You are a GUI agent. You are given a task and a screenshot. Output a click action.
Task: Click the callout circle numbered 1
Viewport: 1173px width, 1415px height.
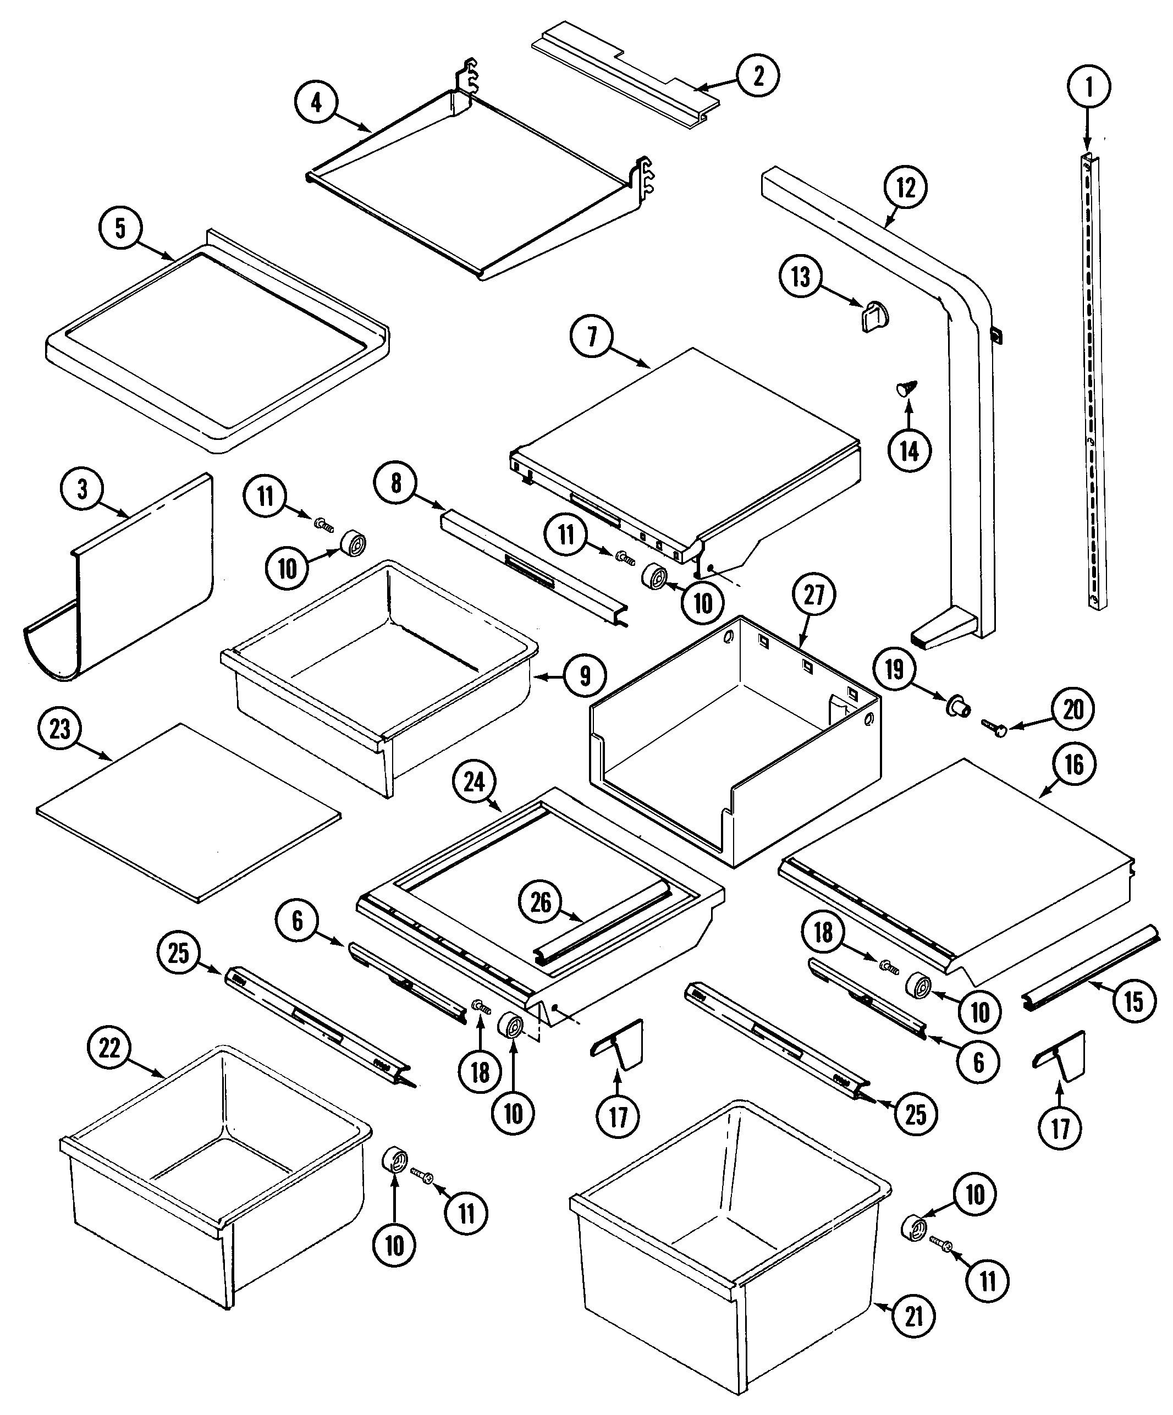1089,87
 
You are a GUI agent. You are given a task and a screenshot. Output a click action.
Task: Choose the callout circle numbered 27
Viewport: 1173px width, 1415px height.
814,595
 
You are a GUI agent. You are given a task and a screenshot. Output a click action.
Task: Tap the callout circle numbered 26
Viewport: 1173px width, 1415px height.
541,903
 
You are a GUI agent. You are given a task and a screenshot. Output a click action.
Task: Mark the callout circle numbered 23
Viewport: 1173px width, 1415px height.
60,729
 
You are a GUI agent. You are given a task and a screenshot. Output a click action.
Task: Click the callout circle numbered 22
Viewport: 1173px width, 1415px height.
110,1048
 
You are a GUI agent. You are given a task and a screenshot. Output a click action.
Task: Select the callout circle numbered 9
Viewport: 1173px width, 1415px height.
584,675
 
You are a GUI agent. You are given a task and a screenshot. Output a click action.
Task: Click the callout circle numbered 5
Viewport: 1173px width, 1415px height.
120,228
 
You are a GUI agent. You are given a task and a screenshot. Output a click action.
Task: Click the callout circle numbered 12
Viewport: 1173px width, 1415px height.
906,188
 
